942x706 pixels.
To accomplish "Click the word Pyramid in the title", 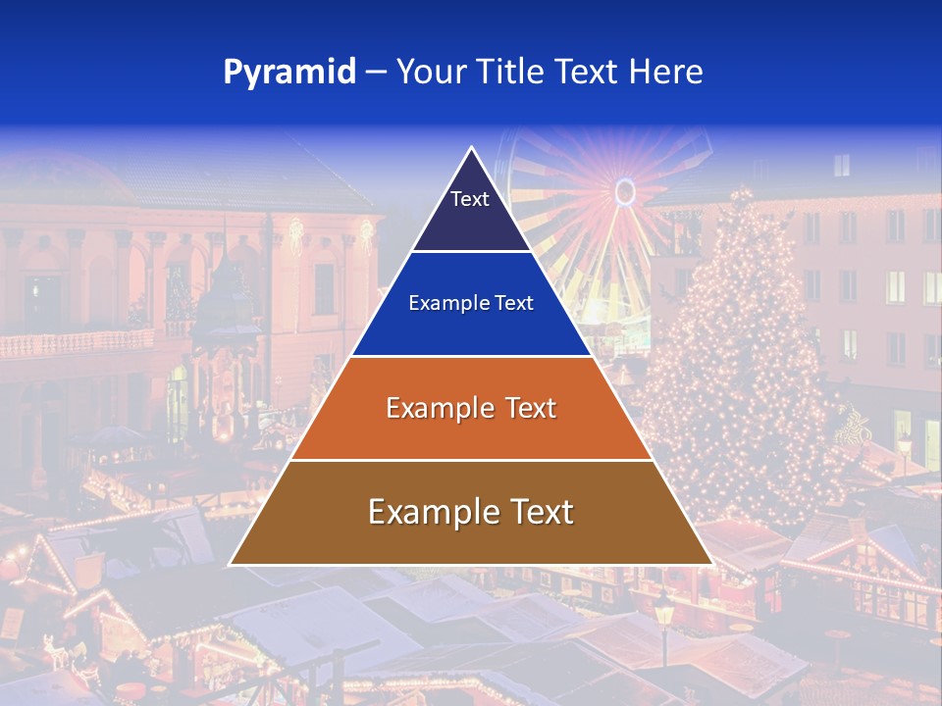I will point(289,73).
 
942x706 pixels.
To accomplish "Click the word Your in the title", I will point(429,73).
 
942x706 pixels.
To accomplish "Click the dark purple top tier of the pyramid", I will point(471,221).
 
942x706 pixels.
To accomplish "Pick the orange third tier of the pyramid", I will point(471,431).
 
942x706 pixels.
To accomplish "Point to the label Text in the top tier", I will point(470,199).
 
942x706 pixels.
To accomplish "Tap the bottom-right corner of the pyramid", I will point(711,564).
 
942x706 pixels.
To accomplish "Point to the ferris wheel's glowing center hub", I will point(625,191).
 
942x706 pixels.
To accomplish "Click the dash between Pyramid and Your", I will point(376,73).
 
